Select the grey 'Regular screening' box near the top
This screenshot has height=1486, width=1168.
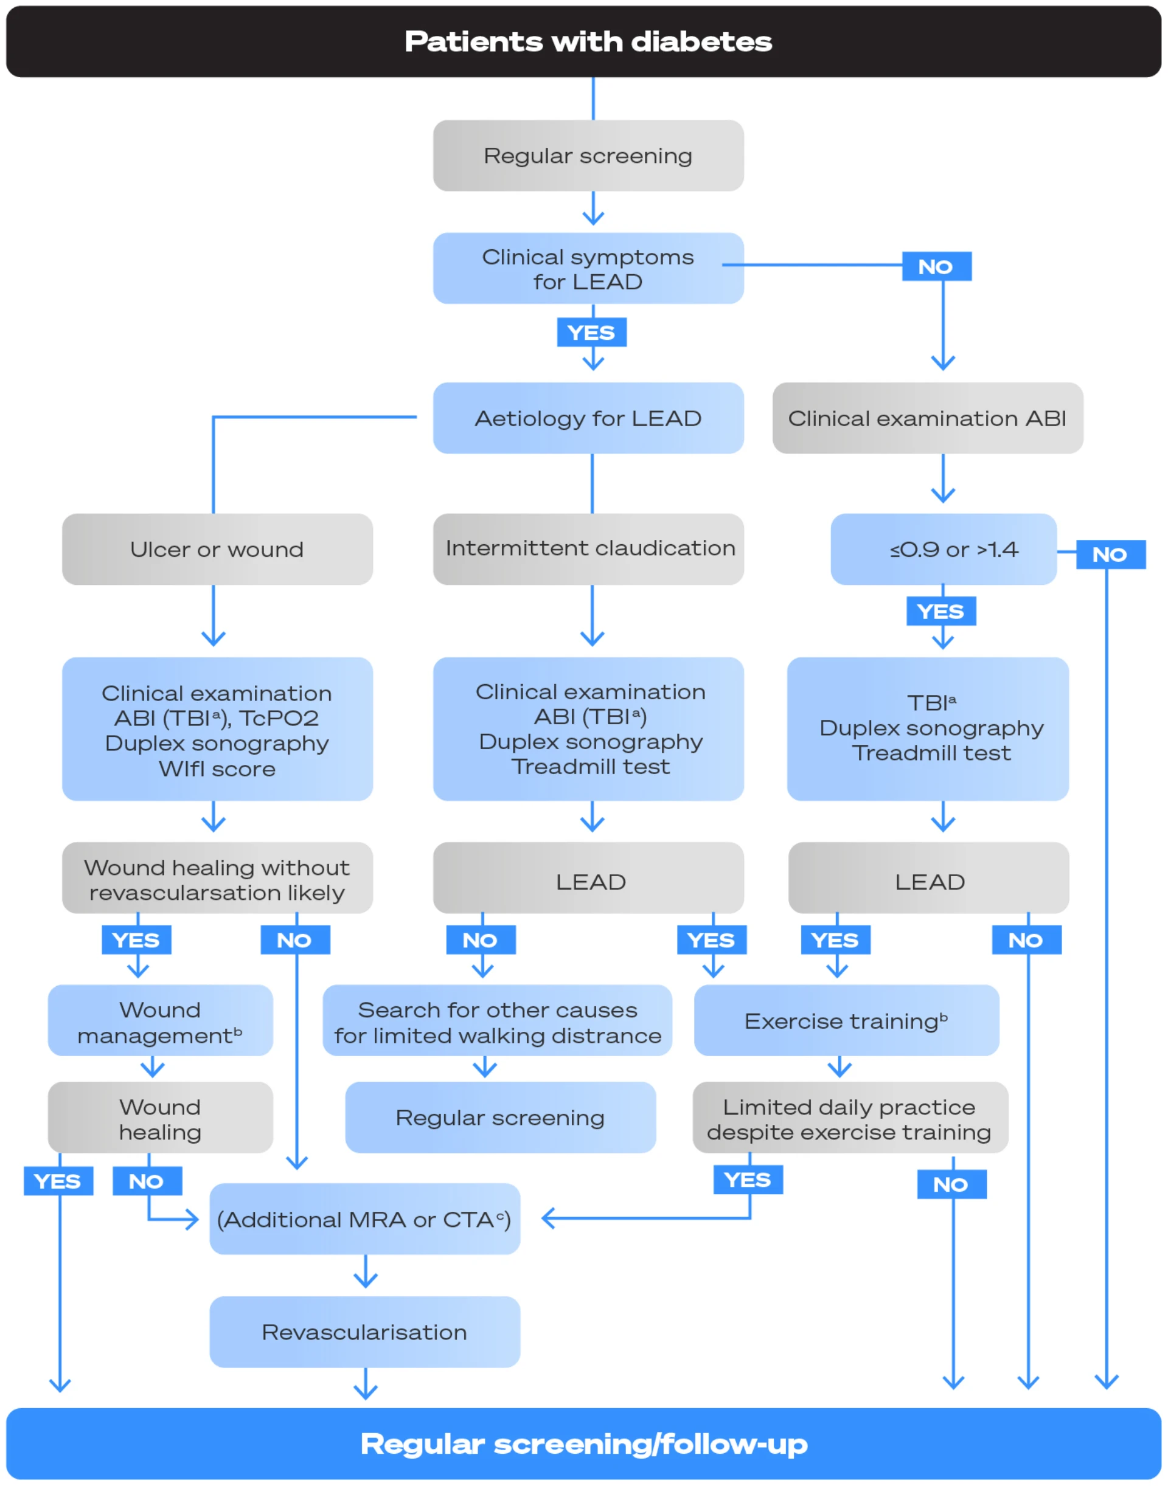pyautogui.click(x=588, y=156)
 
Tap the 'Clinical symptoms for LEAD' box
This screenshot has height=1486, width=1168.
pyautogui.click(x=588, y=269)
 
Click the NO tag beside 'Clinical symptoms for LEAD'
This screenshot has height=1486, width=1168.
pyautogui.click(x=936, y=266)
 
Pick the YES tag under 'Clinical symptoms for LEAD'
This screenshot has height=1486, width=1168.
pyautogui.click(x=591, y=333)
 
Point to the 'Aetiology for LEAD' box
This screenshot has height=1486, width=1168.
pyautogui.click(x=588, y=418)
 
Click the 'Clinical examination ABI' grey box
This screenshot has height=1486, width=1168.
pyautogui.click(x=927, y=418)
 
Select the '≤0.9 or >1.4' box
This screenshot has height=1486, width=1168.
pyautogui.click(x=944, y=550)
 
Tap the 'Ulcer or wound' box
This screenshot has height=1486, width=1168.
pyautogui.click(x=217, y=550)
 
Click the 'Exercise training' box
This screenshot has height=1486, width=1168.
pyautogui.click(x=846, y=1021)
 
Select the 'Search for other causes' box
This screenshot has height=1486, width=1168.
pyautogui.click(x=497, y=1022)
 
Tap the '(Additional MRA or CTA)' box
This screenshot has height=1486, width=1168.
pyautogui.click(x=364, y=1220)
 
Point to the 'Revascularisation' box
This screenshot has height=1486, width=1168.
pyautogui.click(x=364, y=1332)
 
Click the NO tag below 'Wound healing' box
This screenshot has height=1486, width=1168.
pyautogui.click(x=147, y=1181)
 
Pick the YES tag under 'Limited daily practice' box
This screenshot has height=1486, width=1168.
pyautogui.click(x=748, y=1180)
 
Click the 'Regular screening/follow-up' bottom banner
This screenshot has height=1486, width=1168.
pyautogui.click(x=584, y=1443)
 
